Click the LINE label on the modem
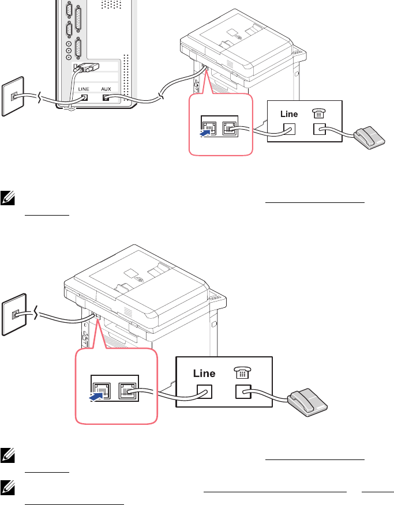tap(84, 88)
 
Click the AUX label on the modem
tap(110, 88)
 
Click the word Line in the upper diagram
tap(289, 114)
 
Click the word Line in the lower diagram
tap(204, 373)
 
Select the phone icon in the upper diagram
tap(318, 114)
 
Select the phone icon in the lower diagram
tap(242, 373)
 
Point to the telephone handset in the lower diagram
tap(307, 401)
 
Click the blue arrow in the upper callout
tap(203, 131)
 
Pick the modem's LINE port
tap(84, 97)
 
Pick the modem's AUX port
tap(107, 97)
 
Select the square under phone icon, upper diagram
tap(318, 130)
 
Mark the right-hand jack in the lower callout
tap(126, 391)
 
